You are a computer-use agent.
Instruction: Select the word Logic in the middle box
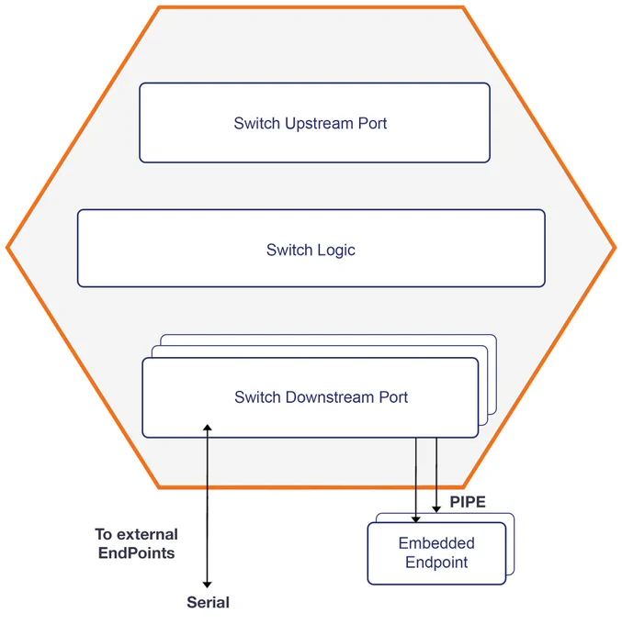[336, 251]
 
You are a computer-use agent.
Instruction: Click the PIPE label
[468, 502]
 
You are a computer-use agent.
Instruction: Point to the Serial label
[208, 602]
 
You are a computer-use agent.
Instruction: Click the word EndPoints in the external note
[136, 553]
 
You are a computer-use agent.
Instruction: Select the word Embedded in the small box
[436, 543]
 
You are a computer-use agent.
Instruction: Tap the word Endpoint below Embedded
[436, 563]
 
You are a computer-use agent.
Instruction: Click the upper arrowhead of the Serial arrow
[208, 428]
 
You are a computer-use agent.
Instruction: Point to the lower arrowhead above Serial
[208, 585]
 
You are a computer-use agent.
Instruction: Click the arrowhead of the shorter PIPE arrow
[436, 509]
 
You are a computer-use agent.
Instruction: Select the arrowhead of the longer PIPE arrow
[415, 519]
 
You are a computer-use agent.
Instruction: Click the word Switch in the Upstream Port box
[257, 123]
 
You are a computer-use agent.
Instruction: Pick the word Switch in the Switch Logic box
[289, 250]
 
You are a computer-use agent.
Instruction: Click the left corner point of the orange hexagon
[6, 248]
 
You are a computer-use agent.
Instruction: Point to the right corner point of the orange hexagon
[616, 248]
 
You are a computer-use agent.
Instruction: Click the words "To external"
[136, 534]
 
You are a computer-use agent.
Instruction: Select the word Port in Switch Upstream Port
[373, 123]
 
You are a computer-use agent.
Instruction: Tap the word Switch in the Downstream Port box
[257, 397]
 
